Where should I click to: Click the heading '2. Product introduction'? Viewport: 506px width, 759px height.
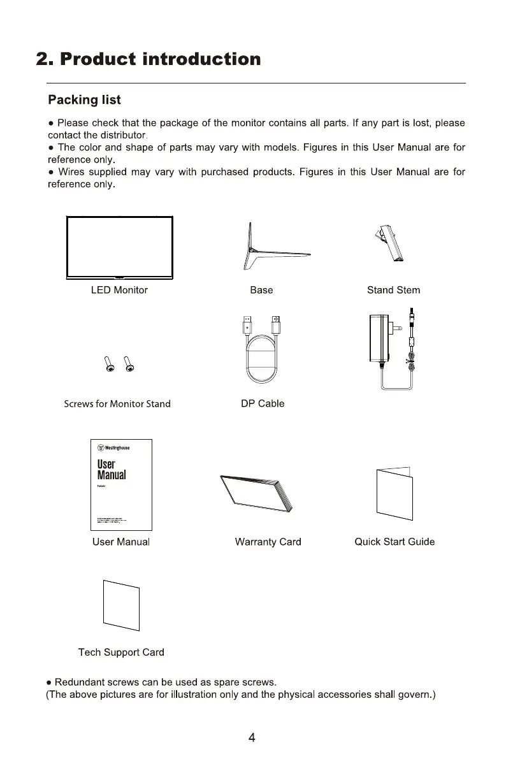click(x=148, y=59)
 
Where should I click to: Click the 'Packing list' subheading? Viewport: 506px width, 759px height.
click(x=85, y=100)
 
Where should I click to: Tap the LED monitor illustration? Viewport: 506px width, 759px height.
click(x=120, y=248)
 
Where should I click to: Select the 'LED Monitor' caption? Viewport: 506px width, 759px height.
click(x=119, y=290)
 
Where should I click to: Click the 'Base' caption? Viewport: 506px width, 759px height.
click(x=261, y=290)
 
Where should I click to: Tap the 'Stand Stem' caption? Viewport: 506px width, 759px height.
click(x=393, y=290)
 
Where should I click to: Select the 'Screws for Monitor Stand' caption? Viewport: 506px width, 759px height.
click(x=117, y=404)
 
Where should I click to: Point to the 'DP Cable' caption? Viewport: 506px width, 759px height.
click(x=263, y=403)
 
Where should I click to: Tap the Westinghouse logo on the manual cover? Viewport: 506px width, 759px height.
click(x=113, y=447)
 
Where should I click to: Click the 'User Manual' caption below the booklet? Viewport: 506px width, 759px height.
click(x=121, y=542)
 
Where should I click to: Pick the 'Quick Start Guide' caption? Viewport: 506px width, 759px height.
click(x=394, y=542)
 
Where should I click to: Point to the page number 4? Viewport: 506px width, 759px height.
click(x=252, y=738)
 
